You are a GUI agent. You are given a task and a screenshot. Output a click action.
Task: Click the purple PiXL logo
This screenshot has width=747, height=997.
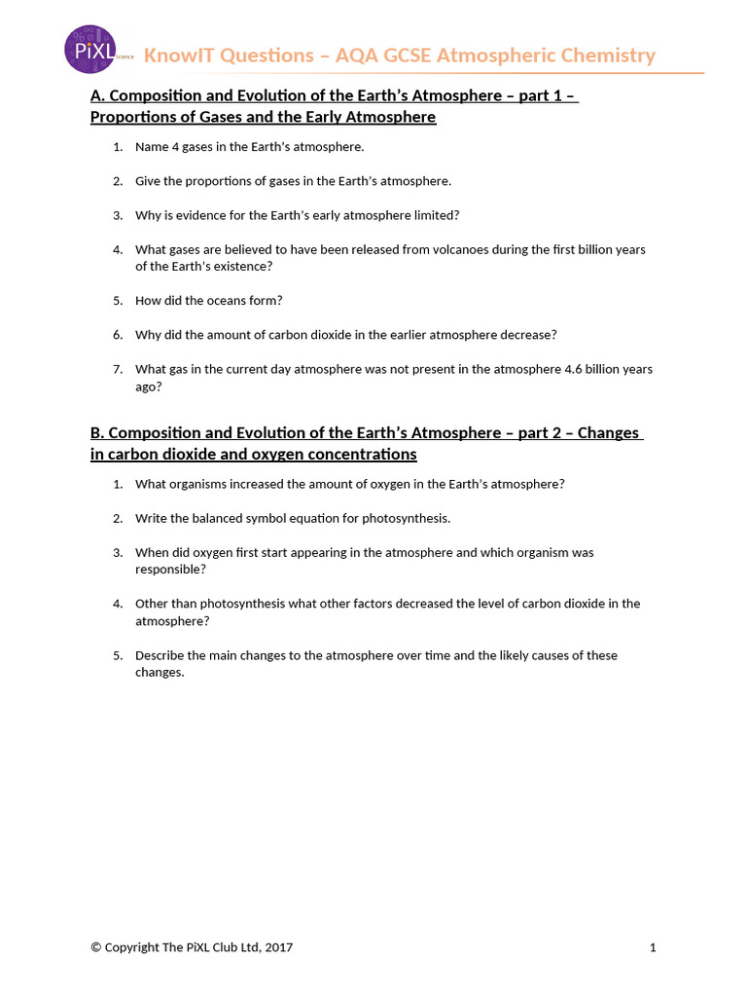coord(89,50)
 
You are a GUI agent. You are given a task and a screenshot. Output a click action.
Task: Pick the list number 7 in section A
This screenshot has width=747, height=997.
coord(117,369)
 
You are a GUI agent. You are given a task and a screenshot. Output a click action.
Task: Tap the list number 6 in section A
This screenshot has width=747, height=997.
coord(117,334)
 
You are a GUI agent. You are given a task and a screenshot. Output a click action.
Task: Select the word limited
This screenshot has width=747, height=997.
coord(434,214)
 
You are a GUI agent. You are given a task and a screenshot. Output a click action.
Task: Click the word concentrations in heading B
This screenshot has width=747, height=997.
coord(355,455)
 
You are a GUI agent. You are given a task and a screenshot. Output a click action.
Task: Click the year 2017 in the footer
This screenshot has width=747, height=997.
coord(278,947)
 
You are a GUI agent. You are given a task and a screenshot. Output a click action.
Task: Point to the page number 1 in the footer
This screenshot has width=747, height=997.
coord(653,947)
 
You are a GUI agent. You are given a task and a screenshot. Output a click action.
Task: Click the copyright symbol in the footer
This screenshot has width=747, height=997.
coord(95,947)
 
